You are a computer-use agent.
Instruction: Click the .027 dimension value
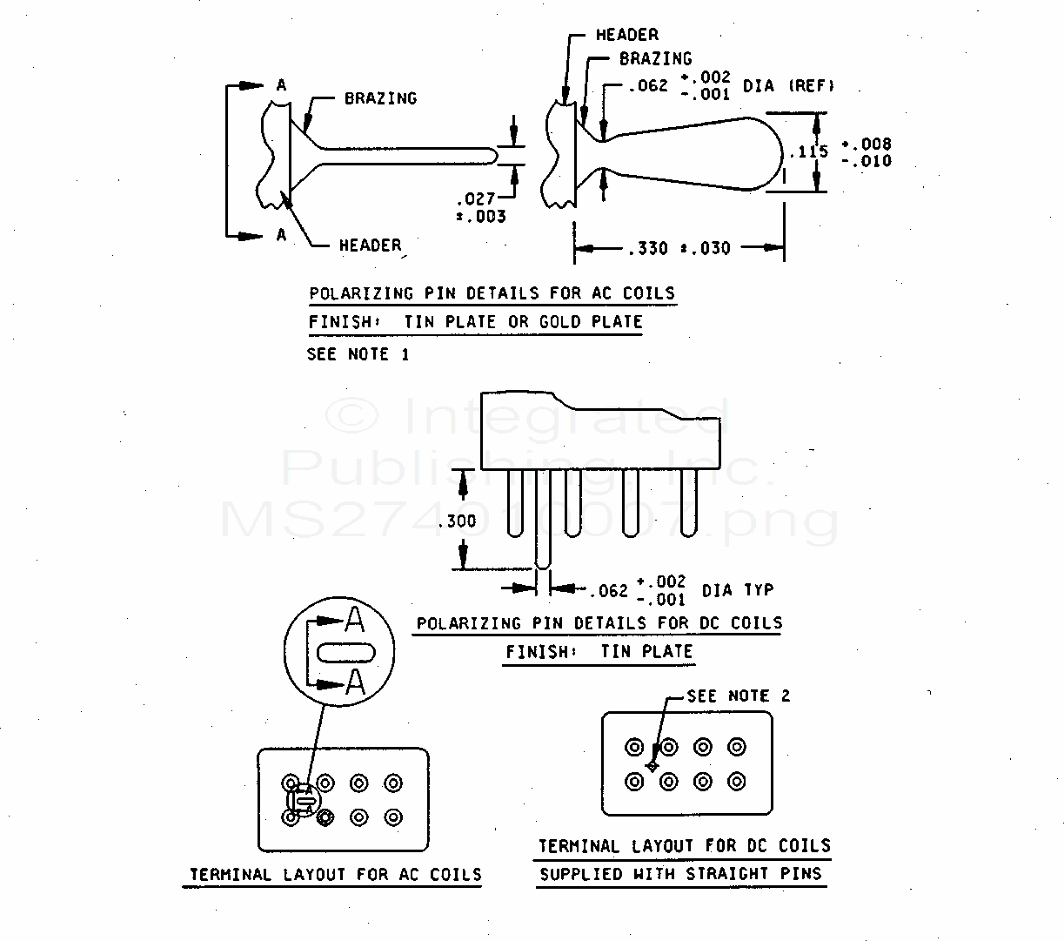[476, 199]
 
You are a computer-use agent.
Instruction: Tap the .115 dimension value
[809, 151]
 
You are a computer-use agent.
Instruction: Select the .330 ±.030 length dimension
[679, 248]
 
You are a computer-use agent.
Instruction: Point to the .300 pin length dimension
[457, 521]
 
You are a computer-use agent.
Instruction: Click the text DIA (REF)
[788, 85]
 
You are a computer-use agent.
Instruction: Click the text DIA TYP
[738, 590]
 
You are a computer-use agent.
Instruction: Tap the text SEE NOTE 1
[358, 354]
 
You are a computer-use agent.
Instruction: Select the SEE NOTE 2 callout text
[739, 696]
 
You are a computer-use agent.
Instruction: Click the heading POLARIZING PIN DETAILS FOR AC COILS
[492, 293]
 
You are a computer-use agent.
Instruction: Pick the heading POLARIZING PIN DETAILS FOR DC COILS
[599, 623]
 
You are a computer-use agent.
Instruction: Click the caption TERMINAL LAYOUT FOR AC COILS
[335, 874]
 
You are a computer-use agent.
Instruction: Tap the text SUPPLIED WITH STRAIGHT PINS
[680, 874]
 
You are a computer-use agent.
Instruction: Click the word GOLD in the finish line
[559, 321]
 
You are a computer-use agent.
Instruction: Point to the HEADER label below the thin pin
[371, 245]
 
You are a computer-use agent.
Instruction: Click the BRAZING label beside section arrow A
[381, 98]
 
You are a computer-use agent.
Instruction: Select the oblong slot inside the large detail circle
[346, 653]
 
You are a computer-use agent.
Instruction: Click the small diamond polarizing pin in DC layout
[652, 767]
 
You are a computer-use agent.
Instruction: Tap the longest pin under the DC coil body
[543, 519]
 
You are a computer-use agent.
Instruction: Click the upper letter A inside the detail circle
[354, 620]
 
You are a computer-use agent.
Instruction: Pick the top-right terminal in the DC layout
[737, 747]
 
